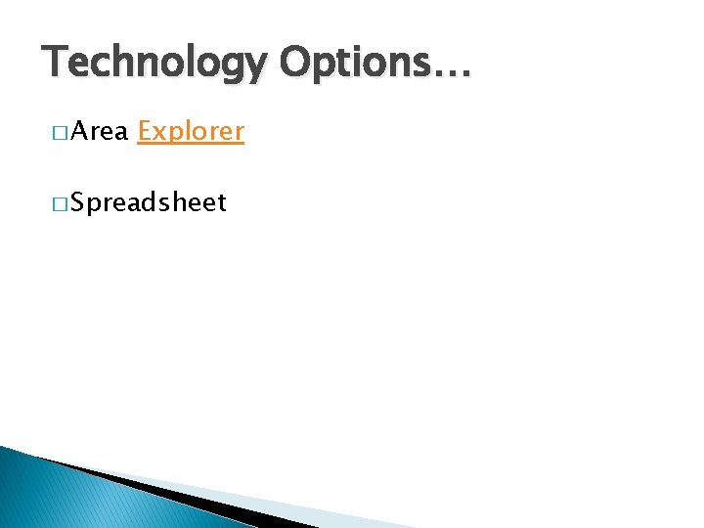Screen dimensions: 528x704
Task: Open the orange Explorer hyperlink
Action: [191, 131]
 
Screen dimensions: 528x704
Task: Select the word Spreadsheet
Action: [148, 202]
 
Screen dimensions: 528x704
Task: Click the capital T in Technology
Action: [55, 62]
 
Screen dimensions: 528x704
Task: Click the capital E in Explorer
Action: [145, 131]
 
